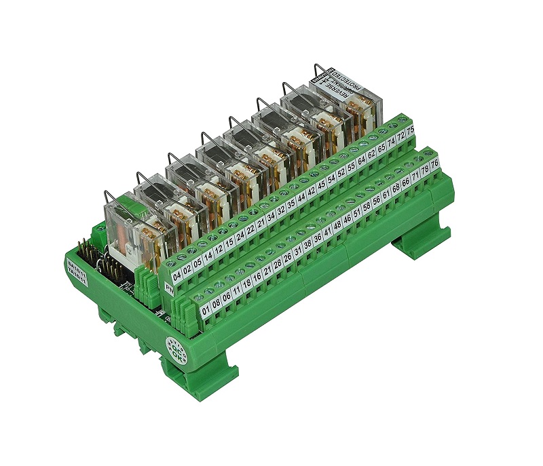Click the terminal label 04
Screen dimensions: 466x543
pos(178,275)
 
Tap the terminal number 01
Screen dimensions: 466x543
pos(207,313)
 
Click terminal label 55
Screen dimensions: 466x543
pos(351,166)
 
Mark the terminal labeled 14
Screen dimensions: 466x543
pos(209,256)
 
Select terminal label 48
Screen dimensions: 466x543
pos(337,225)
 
